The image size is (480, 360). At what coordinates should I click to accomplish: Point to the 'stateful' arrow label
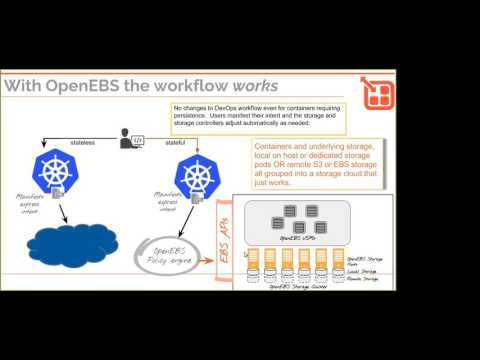click(174, 143)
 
